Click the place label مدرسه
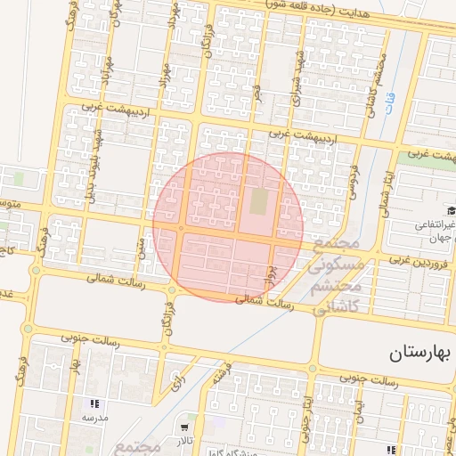point(94,417)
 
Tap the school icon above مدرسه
point(94,404)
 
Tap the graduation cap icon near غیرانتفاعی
point(451,210)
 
